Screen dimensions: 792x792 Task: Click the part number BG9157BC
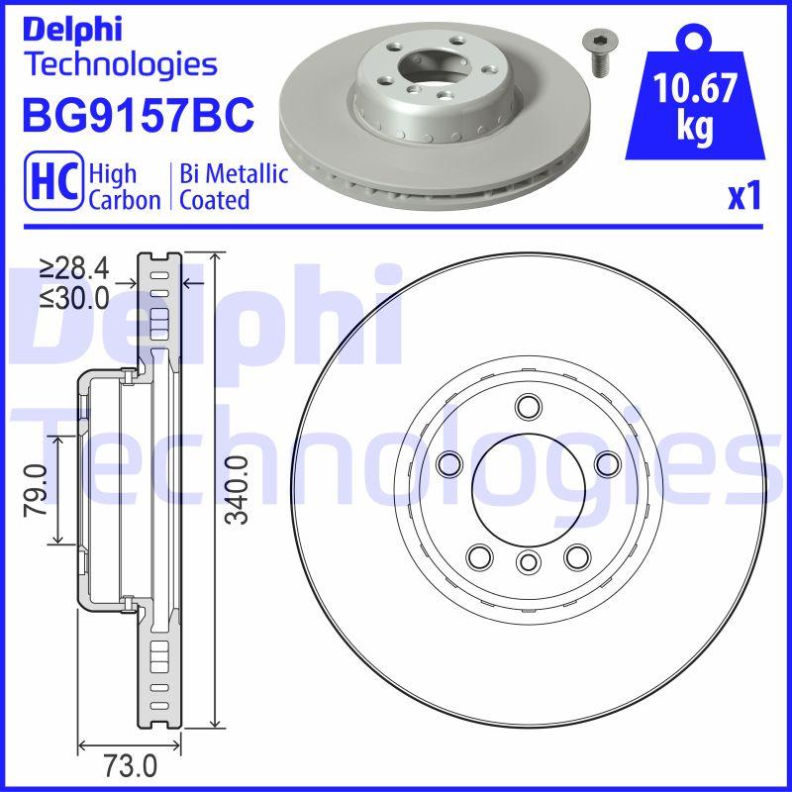[139, 115]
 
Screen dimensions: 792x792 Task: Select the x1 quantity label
[743, 197]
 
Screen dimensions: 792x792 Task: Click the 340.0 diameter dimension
[235, 490]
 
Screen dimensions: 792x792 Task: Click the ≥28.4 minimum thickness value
[74, 267]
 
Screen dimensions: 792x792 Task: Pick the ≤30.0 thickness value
[74, 297]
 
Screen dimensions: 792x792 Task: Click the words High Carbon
[124, 186]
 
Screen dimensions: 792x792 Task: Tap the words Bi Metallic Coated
[233, 186]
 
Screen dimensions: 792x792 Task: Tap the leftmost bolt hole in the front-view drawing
[449, 462]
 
